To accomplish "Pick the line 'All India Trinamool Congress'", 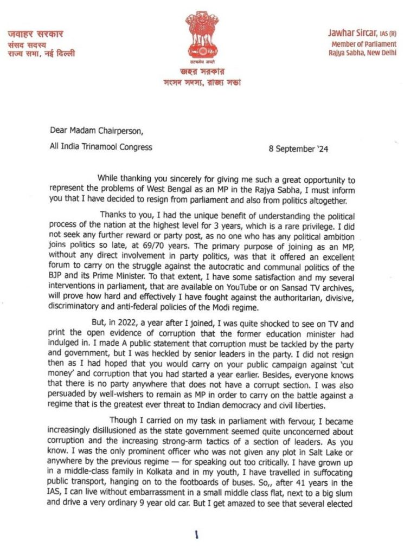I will point(101,146).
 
